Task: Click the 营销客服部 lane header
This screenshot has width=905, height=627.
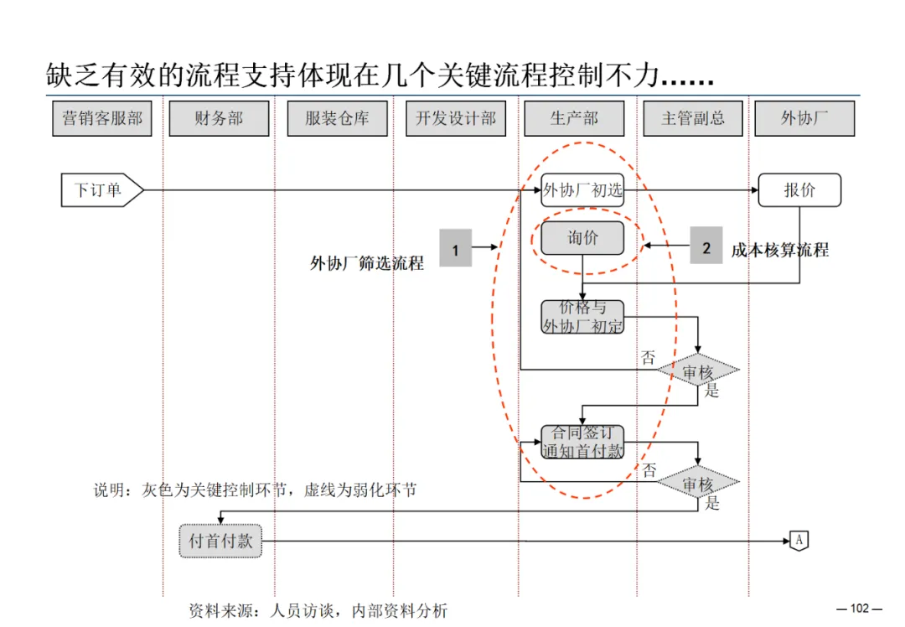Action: [102, 119]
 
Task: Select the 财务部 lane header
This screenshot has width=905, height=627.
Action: [219, 119]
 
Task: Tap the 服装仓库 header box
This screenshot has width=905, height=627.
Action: [337, 119]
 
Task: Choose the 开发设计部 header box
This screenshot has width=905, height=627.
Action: [456, 119]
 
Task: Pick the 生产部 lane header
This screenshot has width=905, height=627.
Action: [574, 119]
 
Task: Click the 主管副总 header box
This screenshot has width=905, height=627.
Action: [693, 119]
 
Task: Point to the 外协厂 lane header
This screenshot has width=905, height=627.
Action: [804, 119]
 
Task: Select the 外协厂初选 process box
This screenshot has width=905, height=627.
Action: [582, 190]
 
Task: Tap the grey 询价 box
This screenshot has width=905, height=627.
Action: [582, 238]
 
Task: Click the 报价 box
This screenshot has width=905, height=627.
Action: [799, 190]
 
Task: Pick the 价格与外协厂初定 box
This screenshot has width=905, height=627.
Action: [582, 317]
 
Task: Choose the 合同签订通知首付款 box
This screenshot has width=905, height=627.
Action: [582, 442]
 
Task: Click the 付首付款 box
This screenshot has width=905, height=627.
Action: [220, 541]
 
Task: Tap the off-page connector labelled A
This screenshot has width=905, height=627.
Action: [799, 541]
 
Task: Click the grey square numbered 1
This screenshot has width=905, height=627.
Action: [455, 248]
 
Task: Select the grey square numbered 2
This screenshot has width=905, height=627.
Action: [706, 246]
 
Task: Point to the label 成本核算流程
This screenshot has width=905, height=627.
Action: [779, 250]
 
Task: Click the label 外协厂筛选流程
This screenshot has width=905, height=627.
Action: [367, 263]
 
